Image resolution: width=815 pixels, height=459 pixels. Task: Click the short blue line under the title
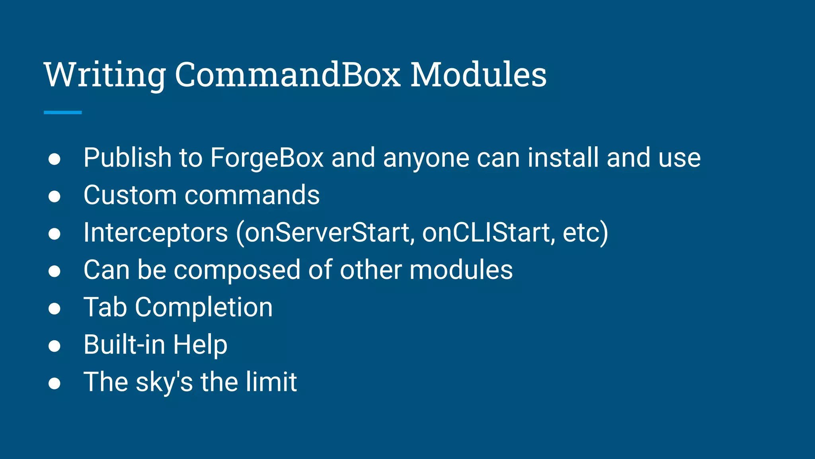(62, 112)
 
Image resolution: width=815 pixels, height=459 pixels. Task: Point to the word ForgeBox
(267, 158)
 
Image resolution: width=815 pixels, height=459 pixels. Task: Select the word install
(563, 158)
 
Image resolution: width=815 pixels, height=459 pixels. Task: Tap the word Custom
(130, 195)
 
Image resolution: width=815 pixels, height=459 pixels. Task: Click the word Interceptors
(156, 233)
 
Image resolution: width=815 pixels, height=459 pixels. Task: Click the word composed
(237, 270)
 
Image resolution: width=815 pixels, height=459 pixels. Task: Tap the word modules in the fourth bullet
(461, 270)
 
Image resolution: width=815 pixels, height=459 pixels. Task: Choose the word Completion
(204, 308)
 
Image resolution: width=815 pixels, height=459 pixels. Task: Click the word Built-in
(124, 345)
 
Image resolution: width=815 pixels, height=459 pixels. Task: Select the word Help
(200, 345)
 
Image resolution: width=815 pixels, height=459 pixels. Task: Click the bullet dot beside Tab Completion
(55, 309)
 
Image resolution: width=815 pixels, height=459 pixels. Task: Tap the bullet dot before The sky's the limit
(55, 383)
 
